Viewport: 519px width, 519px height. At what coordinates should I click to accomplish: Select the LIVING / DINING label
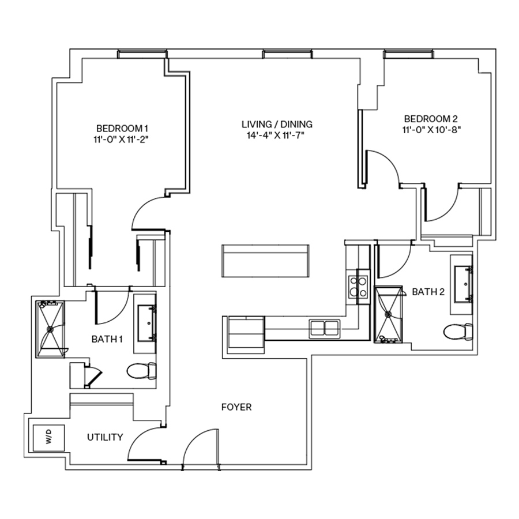pyautogui.click(x=277, y=124)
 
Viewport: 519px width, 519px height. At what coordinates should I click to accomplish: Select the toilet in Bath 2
pyautogui.click(x=458, y=332)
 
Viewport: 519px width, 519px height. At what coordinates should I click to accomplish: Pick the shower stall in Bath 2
pyautogui.click(x=389, y=314)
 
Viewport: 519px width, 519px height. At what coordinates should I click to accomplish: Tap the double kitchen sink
pyautogui.click(x=325, y=328)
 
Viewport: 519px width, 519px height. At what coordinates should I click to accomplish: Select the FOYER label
pyautogui.click(x=236, y=407)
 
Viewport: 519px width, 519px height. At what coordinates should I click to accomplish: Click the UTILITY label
pyautogui.click(x=105, y=437)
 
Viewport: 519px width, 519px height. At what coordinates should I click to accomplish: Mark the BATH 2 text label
pyautogui.click(x=428, y=292)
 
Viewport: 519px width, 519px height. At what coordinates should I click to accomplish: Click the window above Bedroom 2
pyautogui.click(x=409, y=54)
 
